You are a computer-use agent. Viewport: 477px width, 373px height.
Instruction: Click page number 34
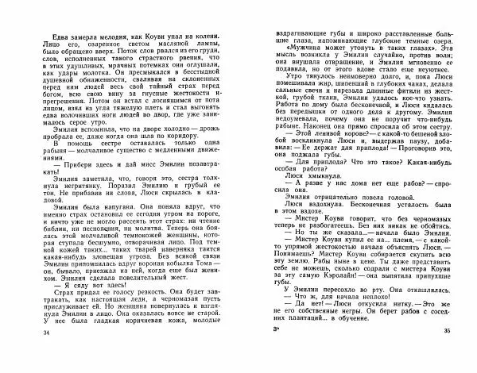(31, 352)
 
